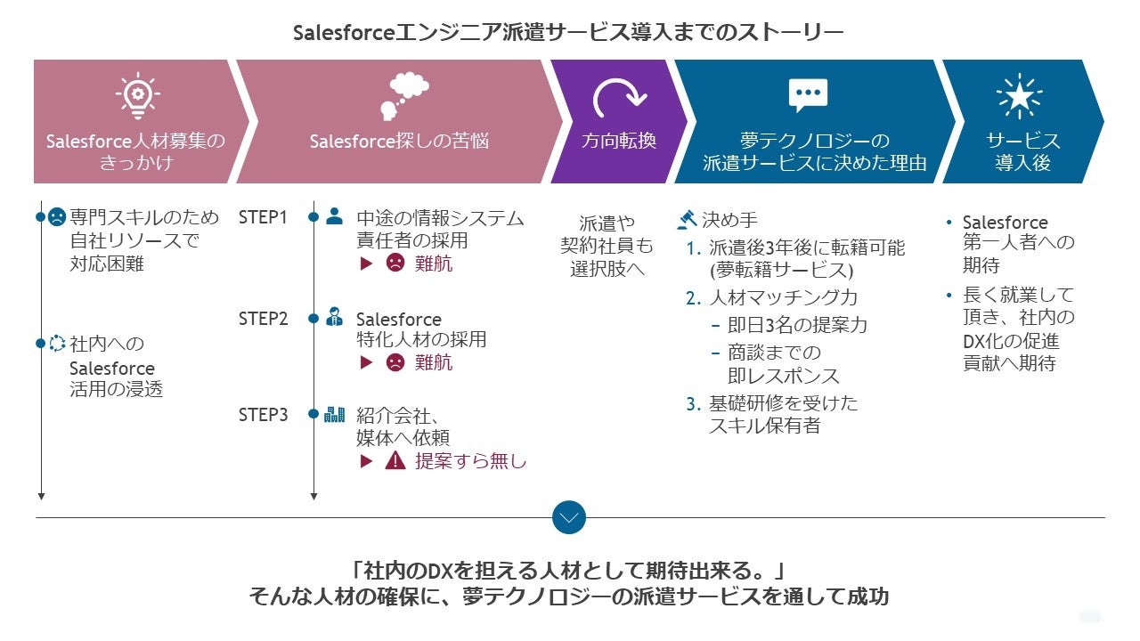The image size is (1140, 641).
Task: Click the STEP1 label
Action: pos(263,217)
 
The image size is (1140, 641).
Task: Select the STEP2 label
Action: pos(263,319)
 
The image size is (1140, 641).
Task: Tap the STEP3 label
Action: pos(263,415)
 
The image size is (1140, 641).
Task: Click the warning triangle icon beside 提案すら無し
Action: pos(395,461)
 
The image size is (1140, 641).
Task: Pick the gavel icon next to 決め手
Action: pos(687,219)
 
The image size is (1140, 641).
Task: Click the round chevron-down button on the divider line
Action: pos(569,516)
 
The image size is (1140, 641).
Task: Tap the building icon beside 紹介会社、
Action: pos(334,414)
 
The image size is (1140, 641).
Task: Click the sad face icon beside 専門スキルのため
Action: pos(57,216)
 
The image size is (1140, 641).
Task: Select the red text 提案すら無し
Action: pos(471,461)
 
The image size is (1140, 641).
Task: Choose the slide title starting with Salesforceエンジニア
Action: pos(568,33)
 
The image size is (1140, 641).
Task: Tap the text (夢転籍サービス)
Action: pos(780,270)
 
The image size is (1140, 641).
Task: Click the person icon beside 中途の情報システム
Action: pos(334,215)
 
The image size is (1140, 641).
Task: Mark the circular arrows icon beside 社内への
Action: pos(57,343)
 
